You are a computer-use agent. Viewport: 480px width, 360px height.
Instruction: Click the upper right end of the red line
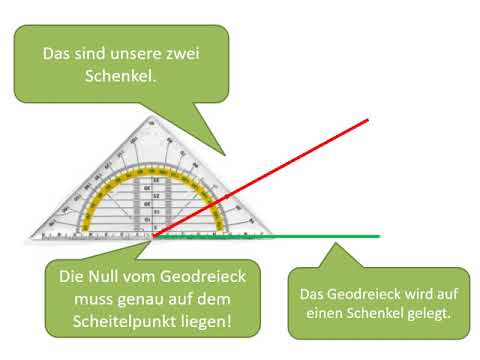[368, 120]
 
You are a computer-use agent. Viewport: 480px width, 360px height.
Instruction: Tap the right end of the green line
[379, 237]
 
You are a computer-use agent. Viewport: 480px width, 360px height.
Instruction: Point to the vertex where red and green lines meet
[153, 238]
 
